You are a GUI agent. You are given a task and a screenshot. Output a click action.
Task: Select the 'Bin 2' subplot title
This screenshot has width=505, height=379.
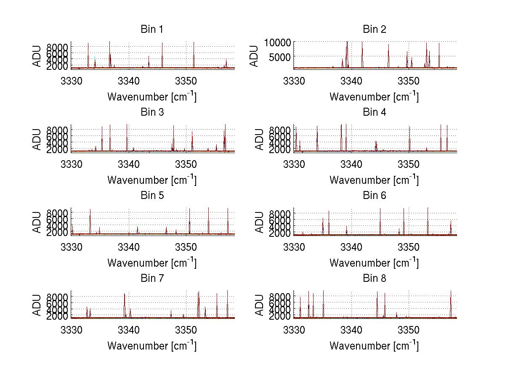click(x=374, y=29)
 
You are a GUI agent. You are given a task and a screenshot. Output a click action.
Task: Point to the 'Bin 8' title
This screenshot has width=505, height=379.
click(x=374, y=278)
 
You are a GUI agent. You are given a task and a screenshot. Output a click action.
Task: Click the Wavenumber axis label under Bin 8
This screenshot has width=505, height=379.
click(x=374, y=346)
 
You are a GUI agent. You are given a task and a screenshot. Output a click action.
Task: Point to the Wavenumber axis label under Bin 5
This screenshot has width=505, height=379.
click(x=151, y=263)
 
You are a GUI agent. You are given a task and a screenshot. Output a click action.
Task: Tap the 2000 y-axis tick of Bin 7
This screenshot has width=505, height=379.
click(x=58, y=316)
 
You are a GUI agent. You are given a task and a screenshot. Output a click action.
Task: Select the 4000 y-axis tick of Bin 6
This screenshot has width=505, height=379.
click(x=280, y=227)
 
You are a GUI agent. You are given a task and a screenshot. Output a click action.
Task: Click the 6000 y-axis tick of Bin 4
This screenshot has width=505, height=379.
click(x=280, y=136)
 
